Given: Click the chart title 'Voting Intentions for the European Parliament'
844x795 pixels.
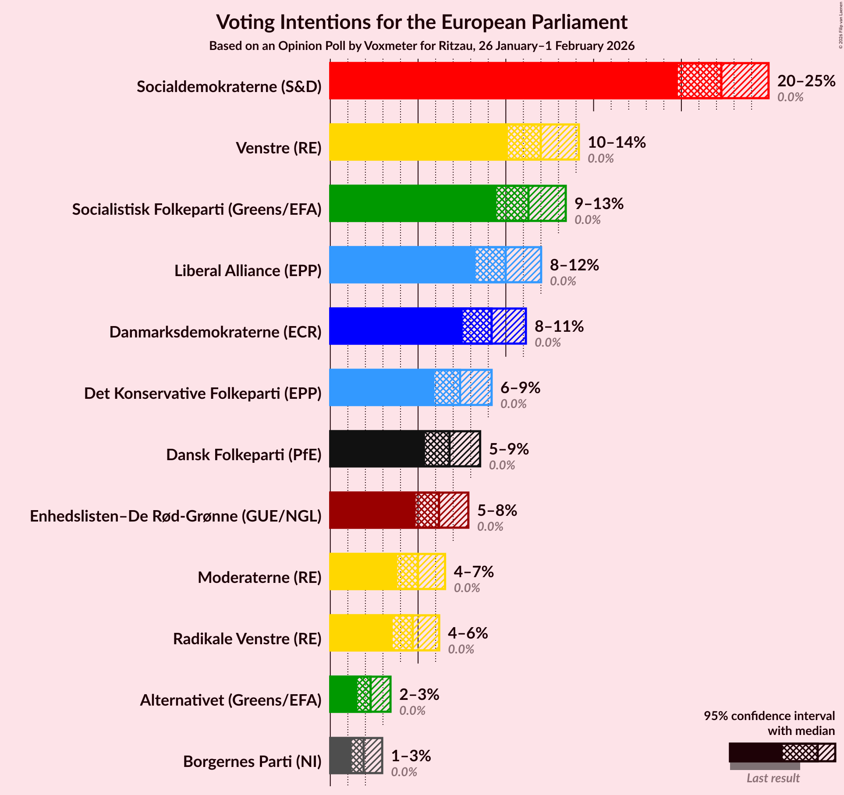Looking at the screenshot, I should [x=422, y=22].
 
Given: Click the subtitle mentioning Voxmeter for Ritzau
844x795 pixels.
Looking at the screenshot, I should [x=422, y=46].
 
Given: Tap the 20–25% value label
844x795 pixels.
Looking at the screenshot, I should [x=806, y=81].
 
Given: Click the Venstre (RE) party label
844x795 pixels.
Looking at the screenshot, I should [x=279, y=148].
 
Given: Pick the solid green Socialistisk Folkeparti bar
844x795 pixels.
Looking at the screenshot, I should [x=412, y=203].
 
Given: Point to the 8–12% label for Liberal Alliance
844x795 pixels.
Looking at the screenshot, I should [x=574, y=265].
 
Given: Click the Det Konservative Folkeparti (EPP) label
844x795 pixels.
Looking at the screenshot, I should [x=202, y=394].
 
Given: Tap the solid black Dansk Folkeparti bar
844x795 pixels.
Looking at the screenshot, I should [x=377, y=449].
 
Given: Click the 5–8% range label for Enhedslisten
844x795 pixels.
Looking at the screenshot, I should [x=497, y=510].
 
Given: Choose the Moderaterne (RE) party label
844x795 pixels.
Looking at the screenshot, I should [x=259, y=578].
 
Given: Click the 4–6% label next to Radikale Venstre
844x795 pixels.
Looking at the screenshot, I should [x=468, y=633].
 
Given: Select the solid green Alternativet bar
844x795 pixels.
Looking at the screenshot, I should [x=343, y=694].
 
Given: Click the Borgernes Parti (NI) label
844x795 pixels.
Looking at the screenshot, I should [x=252, y=762].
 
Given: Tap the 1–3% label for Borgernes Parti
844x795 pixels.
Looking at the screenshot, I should [x=411, y=756].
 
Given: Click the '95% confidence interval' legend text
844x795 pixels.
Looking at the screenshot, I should [x=769, y=716].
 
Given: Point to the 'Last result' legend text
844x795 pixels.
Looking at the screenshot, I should [x=773, y=778].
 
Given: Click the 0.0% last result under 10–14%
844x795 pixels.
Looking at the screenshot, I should [x=600, y=158].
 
